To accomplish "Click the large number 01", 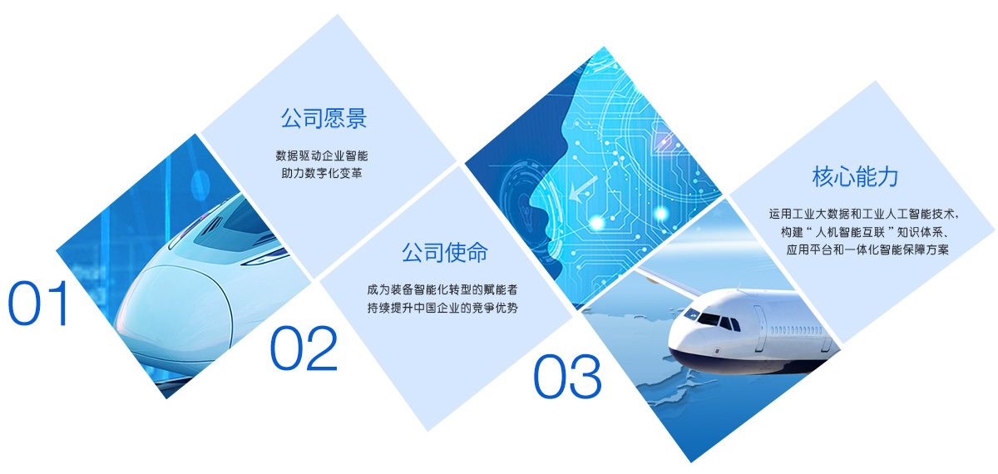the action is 38,304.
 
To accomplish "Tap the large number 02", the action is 304,348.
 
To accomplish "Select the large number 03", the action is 567,377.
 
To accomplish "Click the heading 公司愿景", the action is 324,118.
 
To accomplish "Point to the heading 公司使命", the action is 445,253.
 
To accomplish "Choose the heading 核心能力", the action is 855,176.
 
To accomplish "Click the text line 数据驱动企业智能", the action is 322,156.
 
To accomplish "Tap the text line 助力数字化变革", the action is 322,173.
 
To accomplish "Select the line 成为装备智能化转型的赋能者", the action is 442,289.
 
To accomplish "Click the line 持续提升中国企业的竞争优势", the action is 442,308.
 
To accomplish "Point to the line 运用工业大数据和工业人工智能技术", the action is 862,214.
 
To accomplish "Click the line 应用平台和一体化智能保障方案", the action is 867,249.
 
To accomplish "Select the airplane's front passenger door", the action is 759,328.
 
